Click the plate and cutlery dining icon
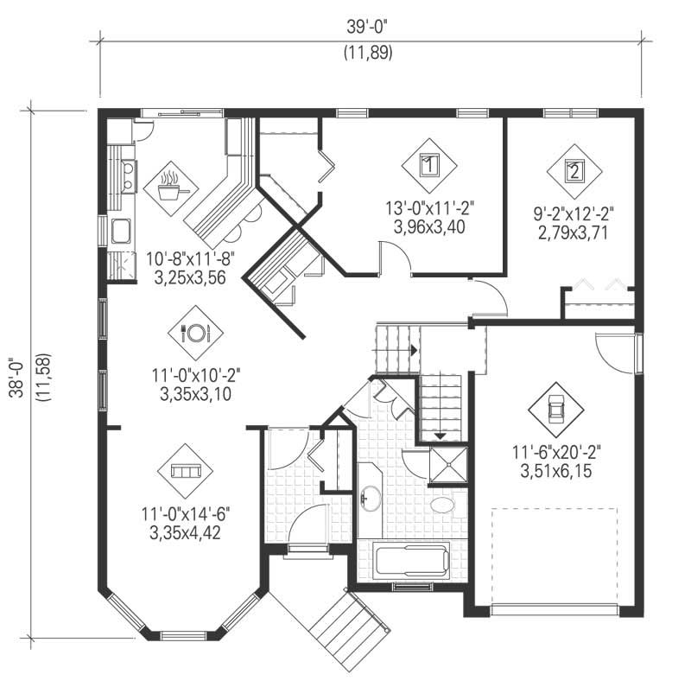(x=194, y=332)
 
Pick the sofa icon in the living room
(x=186, y=471)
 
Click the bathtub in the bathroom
(x=412, y=563)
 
